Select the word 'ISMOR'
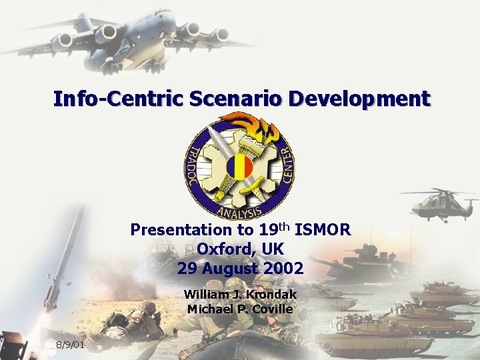point(323,231)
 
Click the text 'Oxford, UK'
point(240,249)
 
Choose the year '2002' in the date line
point(283,269)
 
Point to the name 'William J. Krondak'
point(240,294)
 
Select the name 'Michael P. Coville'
point(240,309)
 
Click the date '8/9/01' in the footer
point(70,345)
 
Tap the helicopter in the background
point(439,203)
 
